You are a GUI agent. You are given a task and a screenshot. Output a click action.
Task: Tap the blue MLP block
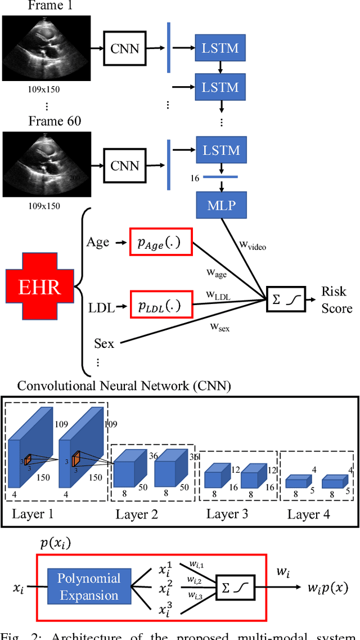(221, 205)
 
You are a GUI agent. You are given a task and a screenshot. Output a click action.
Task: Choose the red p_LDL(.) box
(160, 306)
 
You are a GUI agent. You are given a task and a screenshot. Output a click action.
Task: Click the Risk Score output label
(336, 299)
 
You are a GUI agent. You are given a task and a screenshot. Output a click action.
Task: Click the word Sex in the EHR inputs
(104, 343)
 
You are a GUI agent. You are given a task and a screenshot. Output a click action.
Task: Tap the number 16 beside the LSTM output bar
(195, 178)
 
